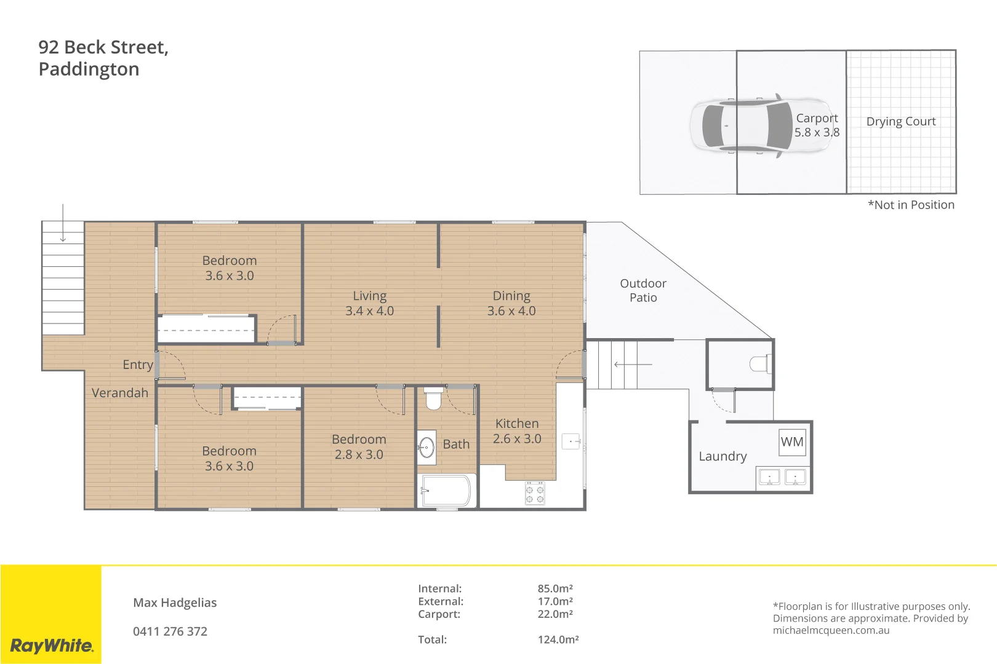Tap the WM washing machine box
click(x=792, y=442)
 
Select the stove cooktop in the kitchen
click(x=534, y=493)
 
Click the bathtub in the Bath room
click(x=447, y=491)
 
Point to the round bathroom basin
click(x=426, y=447)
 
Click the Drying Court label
click(x=900, y=122)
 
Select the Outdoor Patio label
click(x=643, y=290)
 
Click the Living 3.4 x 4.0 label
click(x=369, y=303)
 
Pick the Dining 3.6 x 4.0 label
click(x=511, y=303)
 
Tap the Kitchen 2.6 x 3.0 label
click(x=516, y=431)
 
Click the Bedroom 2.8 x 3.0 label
click(x=359, y=447)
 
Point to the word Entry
click(x=137, y=365)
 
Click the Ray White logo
click(x=52, y=646)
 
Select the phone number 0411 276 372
click(x=170, y=631)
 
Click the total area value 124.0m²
click(x=558, y=639)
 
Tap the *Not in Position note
click(x=910, y=205)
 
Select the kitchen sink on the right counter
click(x=571, y=441)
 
